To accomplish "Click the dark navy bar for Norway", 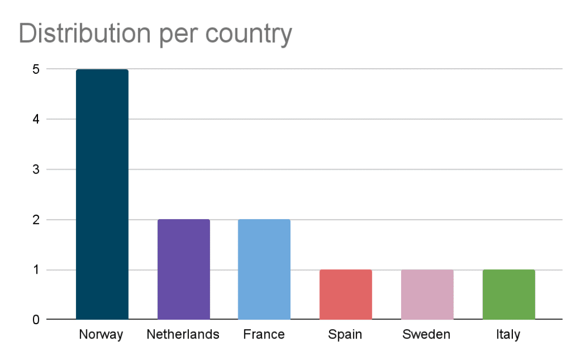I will pos(102,194).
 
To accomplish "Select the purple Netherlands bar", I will pos(183,269).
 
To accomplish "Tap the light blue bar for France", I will pos(264,269).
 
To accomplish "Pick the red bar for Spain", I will pos(346,294).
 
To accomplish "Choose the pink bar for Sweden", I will pos(427,294).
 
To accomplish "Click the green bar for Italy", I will pos(508,294).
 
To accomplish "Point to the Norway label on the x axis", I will pos(102,334).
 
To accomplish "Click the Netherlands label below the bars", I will pos(183,334).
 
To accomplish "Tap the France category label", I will pos(264,334).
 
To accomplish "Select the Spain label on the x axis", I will pos(345,335).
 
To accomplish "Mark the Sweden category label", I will pos(426,334).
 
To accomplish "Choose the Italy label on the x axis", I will pos(508,335).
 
